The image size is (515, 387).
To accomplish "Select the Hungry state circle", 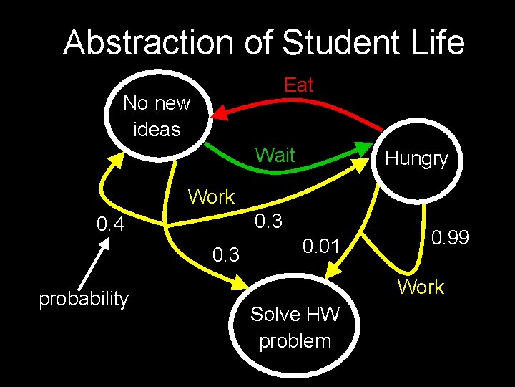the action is [416, 158].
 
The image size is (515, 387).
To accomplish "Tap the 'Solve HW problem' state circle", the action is [295, 326].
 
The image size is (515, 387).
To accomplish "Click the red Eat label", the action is [298, 85].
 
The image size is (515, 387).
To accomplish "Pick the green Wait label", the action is [275, 154].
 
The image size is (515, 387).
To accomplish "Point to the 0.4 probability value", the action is [111, 225].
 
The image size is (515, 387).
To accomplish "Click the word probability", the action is [84, 298].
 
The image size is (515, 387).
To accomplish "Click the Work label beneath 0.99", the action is [421, 287].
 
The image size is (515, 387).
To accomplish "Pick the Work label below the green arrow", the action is [211, 196].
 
